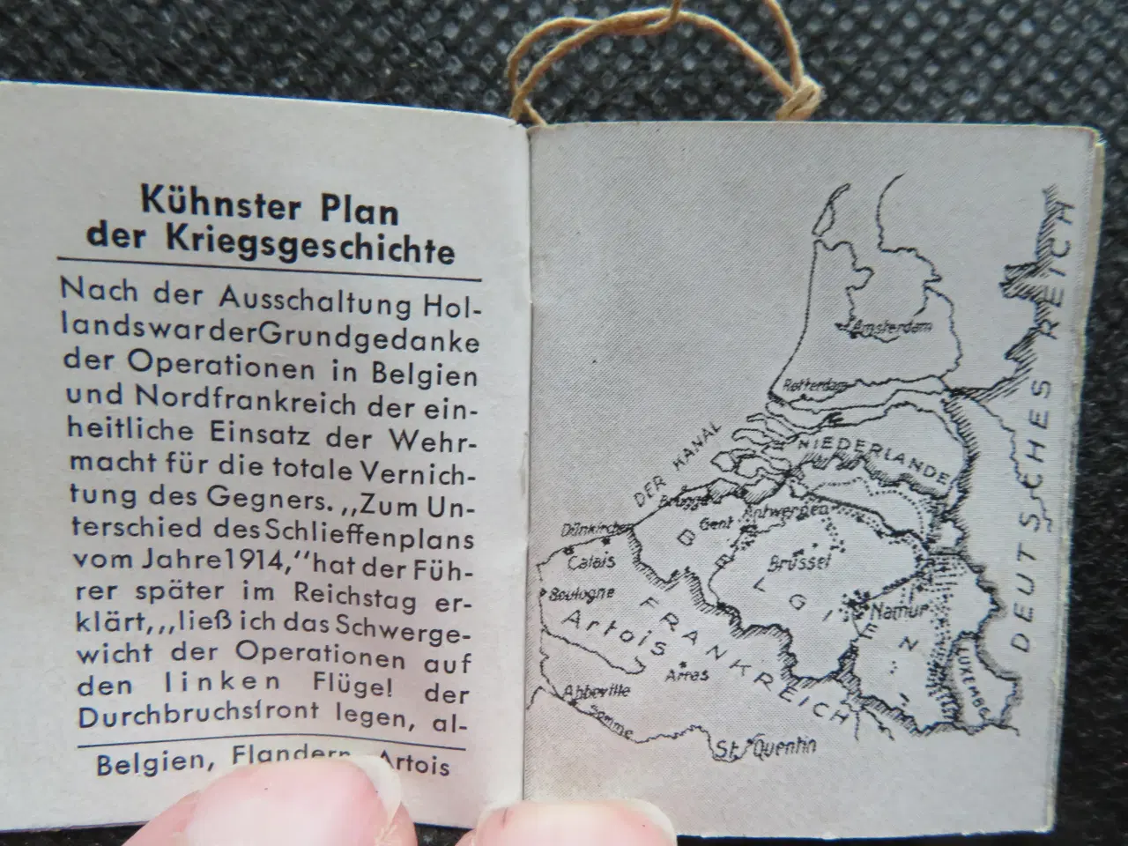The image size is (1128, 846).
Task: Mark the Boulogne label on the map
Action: (x=582, y=593)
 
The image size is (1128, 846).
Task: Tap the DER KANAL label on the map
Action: (x=671, y=466)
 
